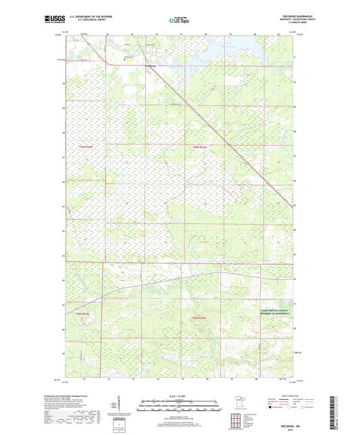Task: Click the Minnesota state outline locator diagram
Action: coord(236,403)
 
